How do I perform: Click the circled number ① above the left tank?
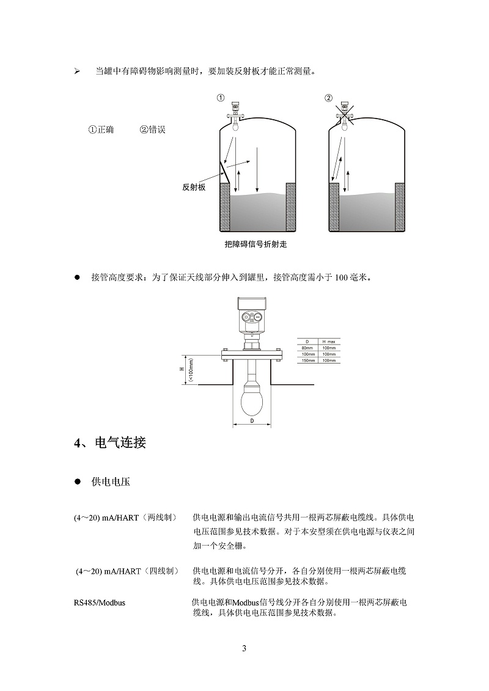[x=221, y=97]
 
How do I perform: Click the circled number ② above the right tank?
[x=328, y=97]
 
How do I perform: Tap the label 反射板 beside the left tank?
[x=194, y=188]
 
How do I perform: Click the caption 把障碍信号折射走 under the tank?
[x=256, y=245]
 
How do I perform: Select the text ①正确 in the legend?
[x=101, y=130]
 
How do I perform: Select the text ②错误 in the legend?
[x=153, y=130]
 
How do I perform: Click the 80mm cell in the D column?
[x=307, y=348]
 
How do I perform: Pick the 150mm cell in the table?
[x=307, y=360]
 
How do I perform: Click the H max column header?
[x=329, y=341]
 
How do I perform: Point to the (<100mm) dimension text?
[x=191, y=370]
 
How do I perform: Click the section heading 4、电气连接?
[x=110, y=443]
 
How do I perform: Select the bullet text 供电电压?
[x=110, y=482]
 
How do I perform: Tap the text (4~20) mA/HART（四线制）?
[x=127, y=571]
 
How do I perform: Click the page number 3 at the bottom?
[x=244, y=648]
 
